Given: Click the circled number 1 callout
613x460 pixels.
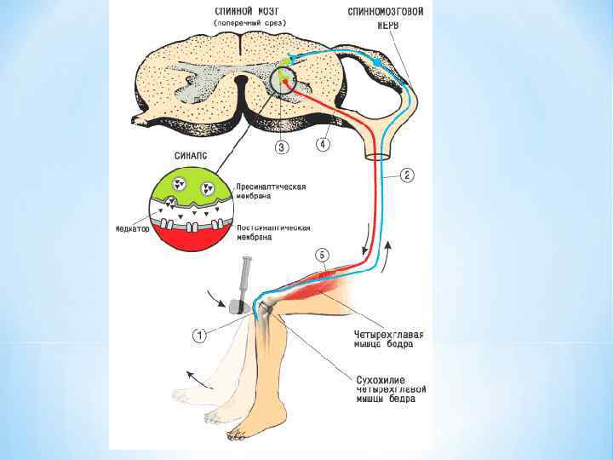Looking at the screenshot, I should [198, 336].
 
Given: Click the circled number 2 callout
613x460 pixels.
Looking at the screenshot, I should [408, 176].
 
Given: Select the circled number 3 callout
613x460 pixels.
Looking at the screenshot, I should [282, 147].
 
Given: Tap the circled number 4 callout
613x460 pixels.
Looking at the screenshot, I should [323, 145].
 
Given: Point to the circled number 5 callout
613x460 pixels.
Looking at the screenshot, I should [321, 255].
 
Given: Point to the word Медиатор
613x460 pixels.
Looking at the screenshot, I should [134, 229].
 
